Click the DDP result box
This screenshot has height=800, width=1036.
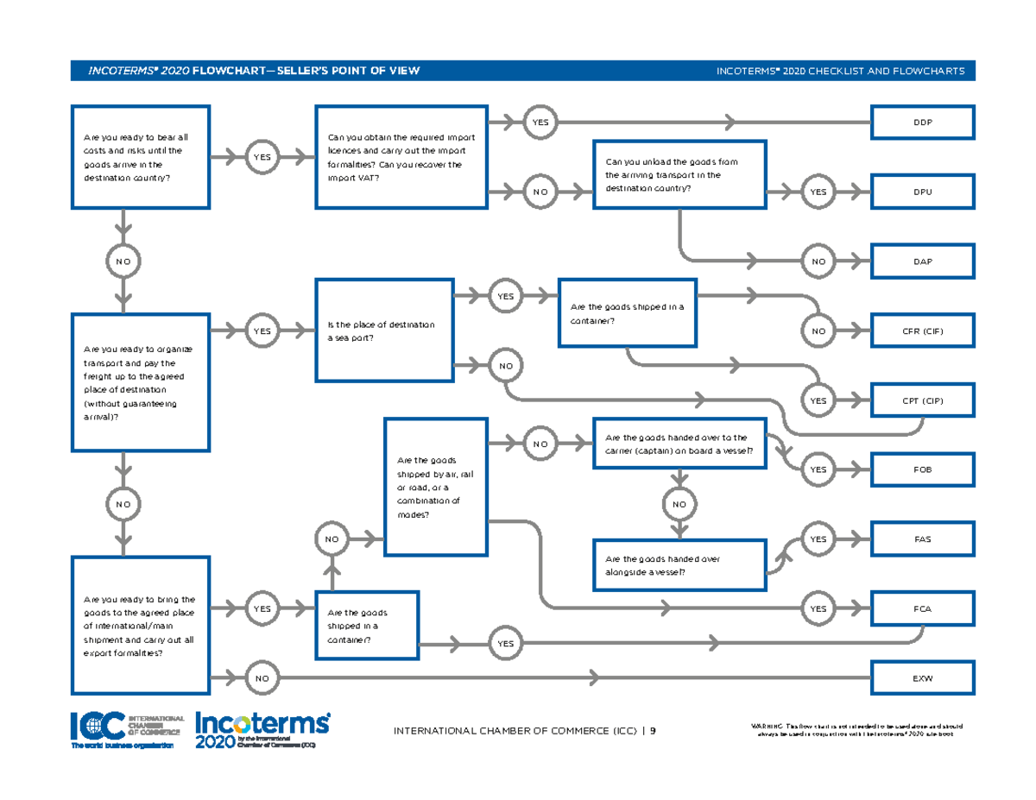point(924,123)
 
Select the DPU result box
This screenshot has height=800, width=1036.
point(924,192)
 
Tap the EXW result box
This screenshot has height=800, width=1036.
point(924,678)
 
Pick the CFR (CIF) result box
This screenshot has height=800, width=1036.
point(924,331)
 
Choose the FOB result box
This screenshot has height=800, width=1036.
point(924,469)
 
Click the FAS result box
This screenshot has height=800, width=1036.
point(924,539)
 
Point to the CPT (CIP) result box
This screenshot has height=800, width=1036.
point(924,400)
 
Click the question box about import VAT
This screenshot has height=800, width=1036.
point(401,157)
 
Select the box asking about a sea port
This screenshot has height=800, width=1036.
point(384,331)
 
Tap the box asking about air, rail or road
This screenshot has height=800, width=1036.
point(436,487)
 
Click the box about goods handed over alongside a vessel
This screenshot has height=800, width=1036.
point(679,565)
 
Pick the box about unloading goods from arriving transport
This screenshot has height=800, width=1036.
point(679,174)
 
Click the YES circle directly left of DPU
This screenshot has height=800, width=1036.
point(817,192)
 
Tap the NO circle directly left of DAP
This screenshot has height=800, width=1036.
point(817,261)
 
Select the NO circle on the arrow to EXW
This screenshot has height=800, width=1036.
point(262,678)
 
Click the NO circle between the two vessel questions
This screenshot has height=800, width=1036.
point(679,504)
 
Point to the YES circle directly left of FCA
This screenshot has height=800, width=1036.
point(817,608)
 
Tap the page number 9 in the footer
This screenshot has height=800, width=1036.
point(653,732)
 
